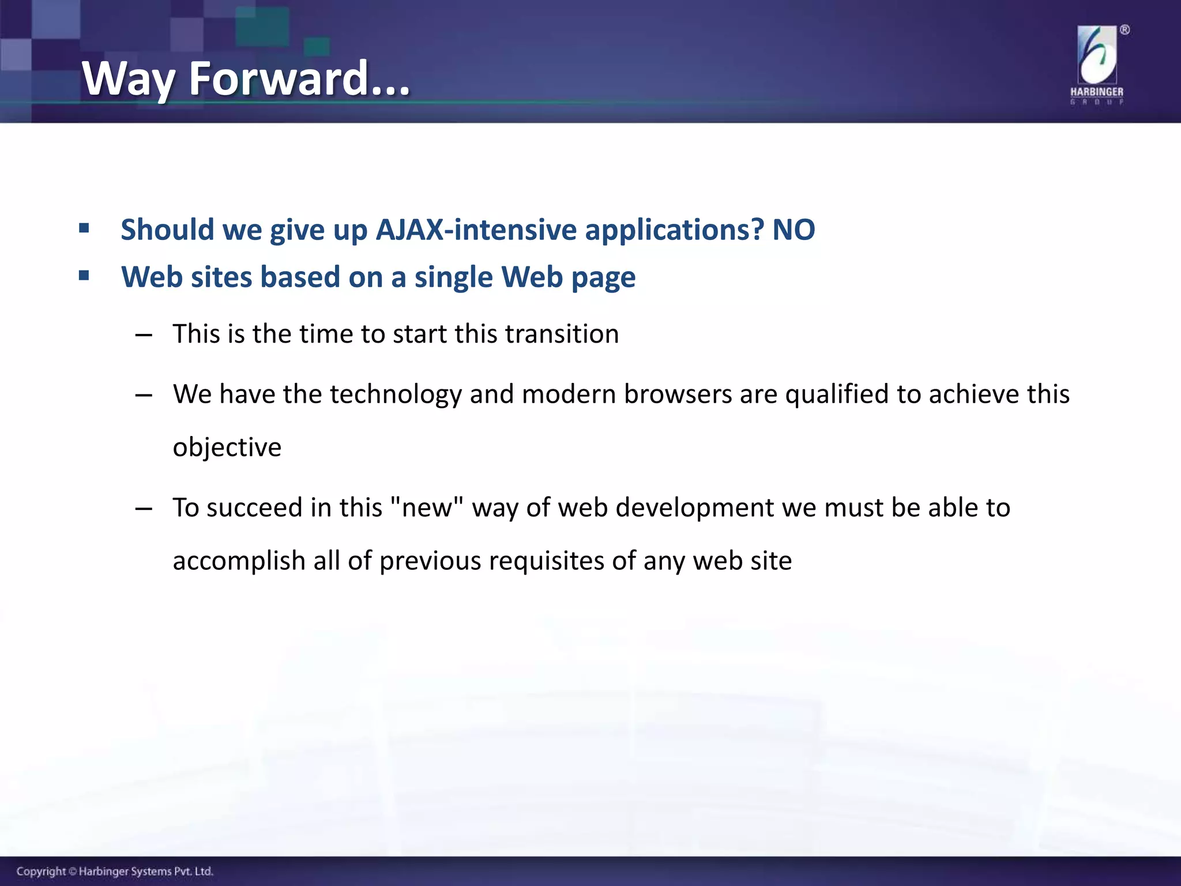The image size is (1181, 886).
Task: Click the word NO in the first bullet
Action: coord(793,230)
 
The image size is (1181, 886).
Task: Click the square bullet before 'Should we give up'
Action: coord(84,228)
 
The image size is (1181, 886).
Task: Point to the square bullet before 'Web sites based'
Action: coord(84,276)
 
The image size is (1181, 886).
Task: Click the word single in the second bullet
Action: coord(453,277)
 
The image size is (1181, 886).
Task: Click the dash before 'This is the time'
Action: coord(143,335)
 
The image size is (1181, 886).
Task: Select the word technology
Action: coord(396,395)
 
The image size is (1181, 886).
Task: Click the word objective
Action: coord(227,448)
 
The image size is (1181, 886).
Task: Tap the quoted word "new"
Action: coord(427,507)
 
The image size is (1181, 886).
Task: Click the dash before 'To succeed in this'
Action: coord(143,509)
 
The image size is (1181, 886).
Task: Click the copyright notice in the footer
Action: coord(115,871)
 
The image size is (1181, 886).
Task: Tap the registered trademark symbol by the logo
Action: coord(1124,30)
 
